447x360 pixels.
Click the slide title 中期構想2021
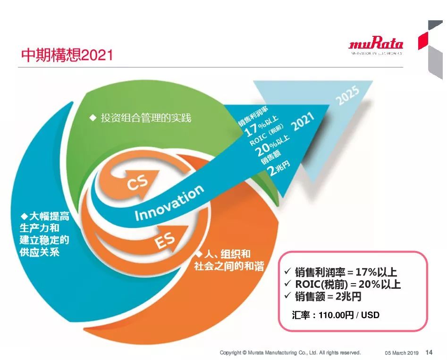(67, 54)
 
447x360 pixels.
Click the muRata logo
(376, 46)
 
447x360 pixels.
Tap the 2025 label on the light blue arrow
(348, 95)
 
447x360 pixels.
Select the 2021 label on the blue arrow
(303, 121)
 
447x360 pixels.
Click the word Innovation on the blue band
(169, 203)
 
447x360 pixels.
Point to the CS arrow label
(138, 183)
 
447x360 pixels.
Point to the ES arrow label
(165, 241)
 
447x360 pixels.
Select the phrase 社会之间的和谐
(229, 266)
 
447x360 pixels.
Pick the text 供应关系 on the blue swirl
(39, 252)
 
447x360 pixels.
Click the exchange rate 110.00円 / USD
(349, 315)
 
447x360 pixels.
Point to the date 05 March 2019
(402, 353)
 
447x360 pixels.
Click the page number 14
(429, 352)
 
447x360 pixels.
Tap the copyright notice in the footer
(290, 352)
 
